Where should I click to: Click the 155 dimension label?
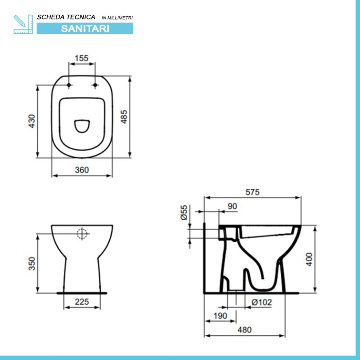point(82,58)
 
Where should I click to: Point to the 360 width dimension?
point(81,170)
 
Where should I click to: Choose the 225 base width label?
point(81,301)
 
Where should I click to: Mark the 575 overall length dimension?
point(252,192)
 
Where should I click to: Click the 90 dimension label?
point(232,206)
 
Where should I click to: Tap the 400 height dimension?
point(309,259)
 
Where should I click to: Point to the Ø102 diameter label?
point(261,303)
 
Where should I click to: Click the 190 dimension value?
point(220,316)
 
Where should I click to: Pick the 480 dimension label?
point(244,330)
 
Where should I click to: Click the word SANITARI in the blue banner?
point(85,28)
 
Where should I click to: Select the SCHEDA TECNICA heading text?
point(66,17)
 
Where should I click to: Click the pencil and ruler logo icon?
point(22,24)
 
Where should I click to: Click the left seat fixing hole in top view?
point(68,85)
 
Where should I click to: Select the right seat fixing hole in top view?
point(95,85)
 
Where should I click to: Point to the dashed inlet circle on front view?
point(82,233)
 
